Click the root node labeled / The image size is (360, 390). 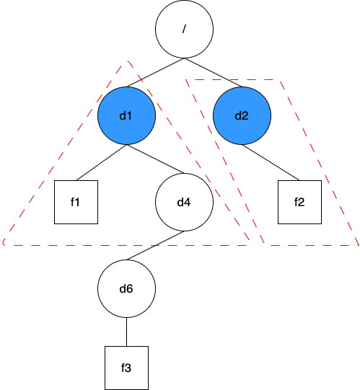coord(184,29)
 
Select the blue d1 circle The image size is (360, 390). coord(126,115)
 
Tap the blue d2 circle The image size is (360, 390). coord(242,115)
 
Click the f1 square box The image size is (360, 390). coord(76,203)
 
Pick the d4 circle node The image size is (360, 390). coord(184,203)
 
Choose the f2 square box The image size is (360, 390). coord(299,203)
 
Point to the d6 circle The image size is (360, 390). coord(126,289)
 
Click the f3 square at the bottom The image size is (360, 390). coord(126,368)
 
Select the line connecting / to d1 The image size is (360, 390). coord(155,72)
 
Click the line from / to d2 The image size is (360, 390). coord(213,72)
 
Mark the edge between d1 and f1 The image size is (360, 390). coord(101,162)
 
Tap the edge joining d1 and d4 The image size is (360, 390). coord(155,159)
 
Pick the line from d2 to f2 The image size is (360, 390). coord(271,162)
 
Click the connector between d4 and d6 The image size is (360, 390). coord(155,246)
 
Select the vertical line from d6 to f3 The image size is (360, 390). coord(126,332)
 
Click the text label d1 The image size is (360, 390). coord(126,115)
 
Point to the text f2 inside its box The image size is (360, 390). coord(299,203)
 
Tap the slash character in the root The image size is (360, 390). coord(184,29)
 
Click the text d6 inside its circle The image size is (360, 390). coord(126,289)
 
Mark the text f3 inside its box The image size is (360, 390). coord(126,368)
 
